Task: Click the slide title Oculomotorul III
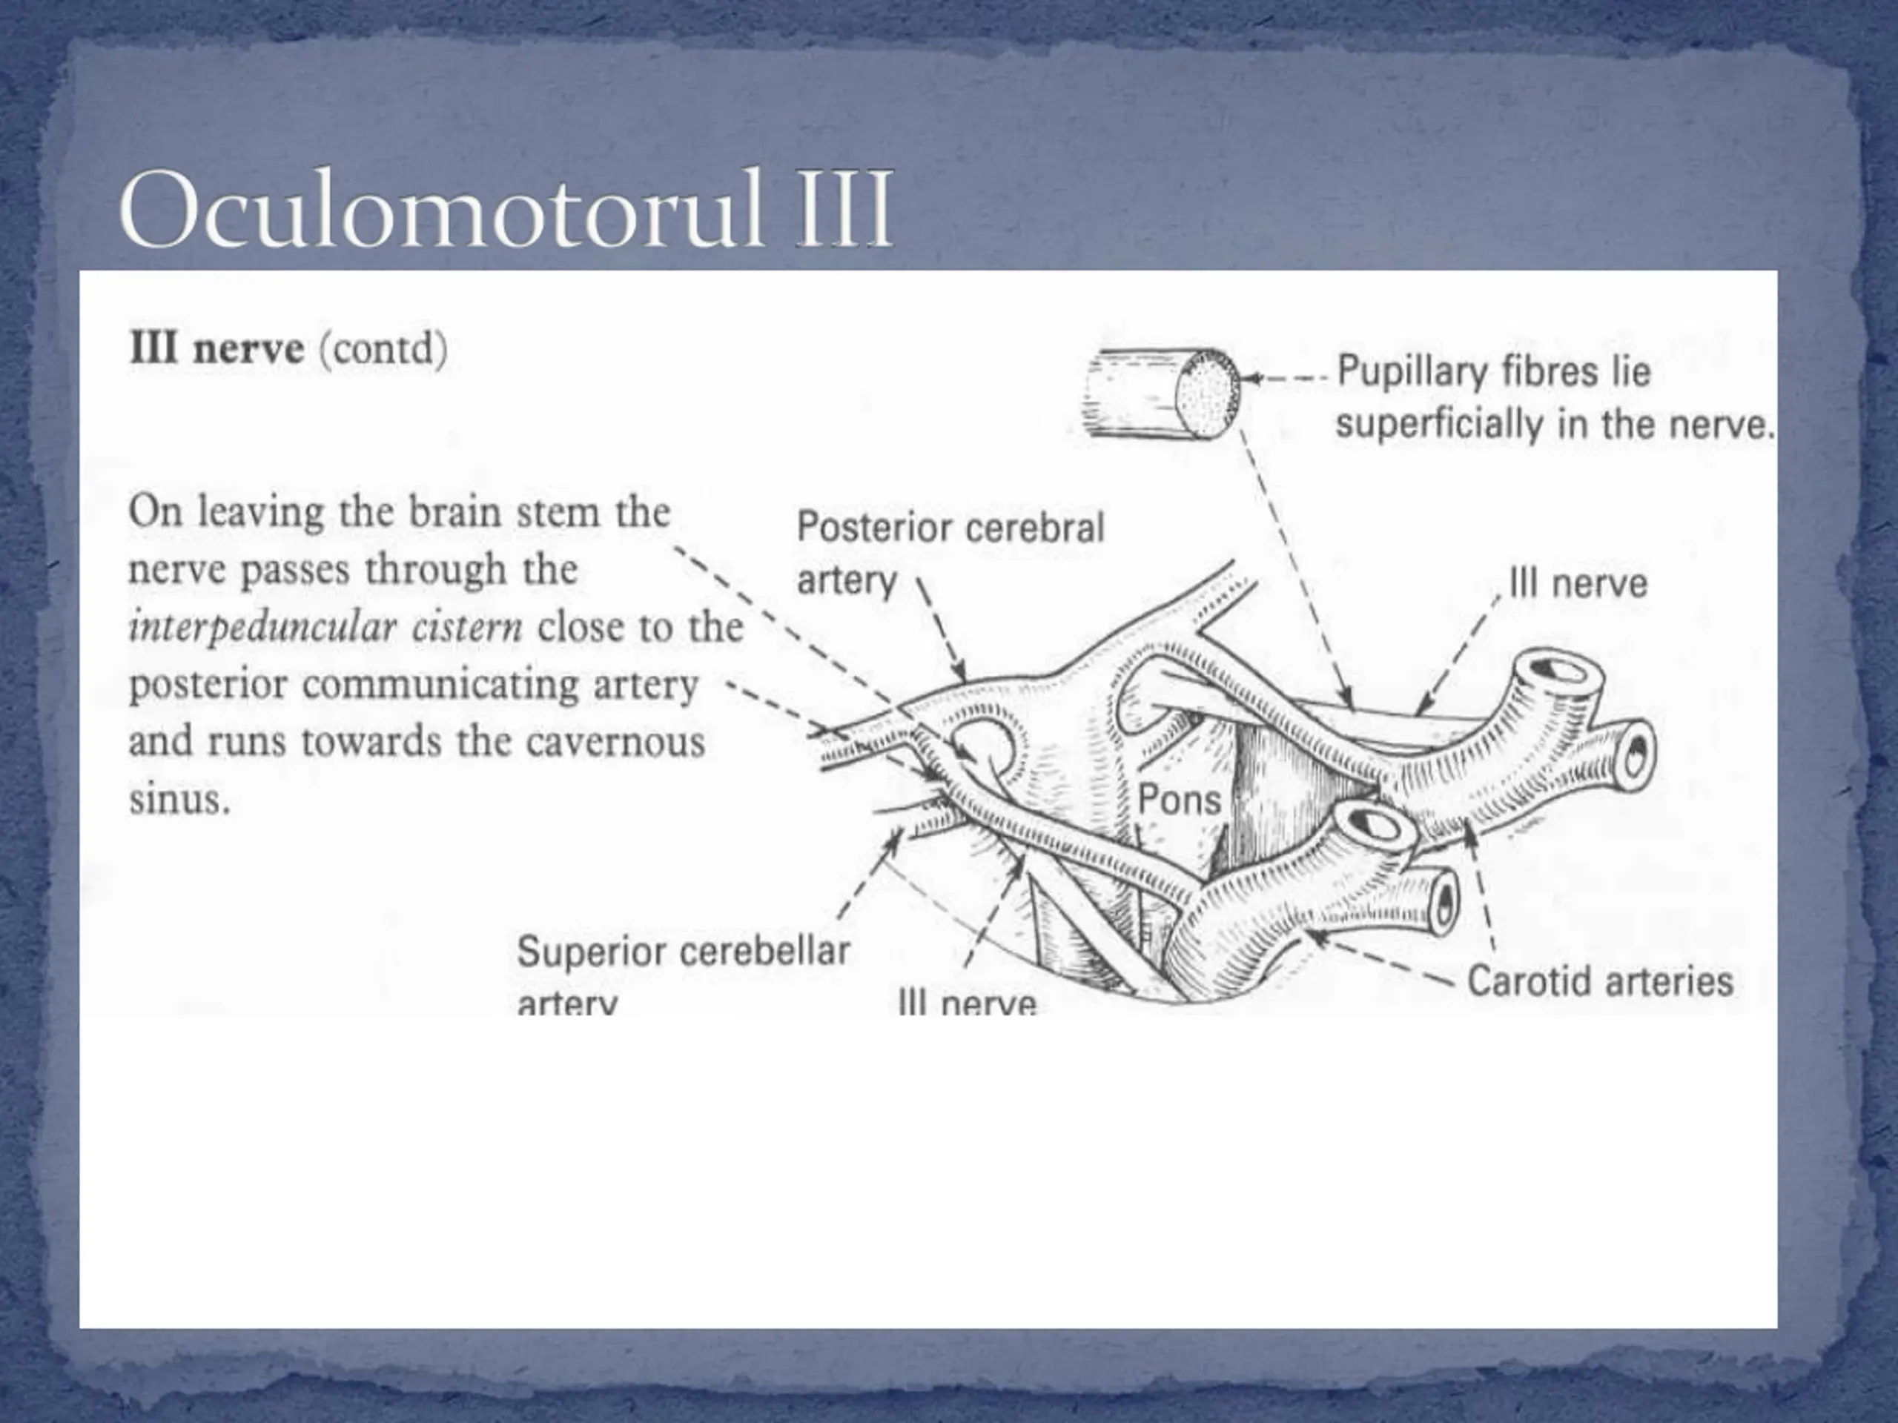506,210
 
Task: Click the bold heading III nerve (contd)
288,349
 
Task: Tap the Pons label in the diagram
1179,800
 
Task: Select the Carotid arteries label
1600,981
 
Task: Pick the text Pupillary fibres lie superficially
1554,398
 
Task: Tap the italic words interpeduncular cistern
325,628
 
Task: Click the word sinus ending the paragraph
179,800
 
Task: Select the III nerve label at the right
1578,584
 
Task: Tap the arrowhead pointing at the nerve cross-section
1251,378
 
